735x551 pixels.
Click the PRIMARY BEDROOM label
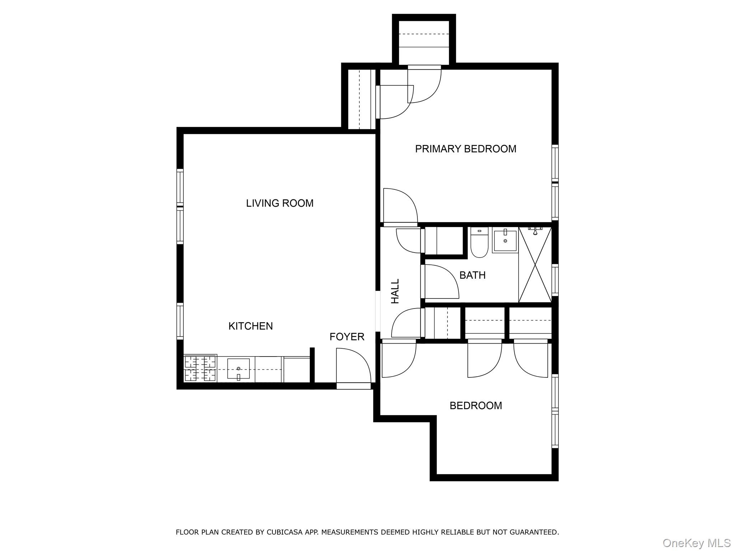point(465,149)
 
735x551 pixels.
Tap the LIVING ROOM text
point(280,203)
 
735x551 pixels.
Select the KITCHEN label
point(251,326)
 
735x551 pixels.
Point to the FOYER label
point(347,337)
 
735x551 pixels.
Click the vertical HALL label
point(395,291)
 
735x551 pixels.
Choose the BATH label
point(472,275)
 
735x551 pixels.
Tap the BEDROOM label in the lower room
point(476,406)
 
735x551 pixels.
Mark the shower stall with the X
point(535,265)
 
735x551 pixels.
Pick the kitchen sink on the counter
point(238,369)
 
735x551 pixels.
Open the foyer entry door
point(353,369)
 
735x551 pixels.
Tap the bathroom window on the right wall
point(555,280)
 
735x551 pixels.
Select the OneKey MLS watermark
point(696,543)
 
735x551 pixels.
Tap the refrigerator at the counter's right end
point(297,370)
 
